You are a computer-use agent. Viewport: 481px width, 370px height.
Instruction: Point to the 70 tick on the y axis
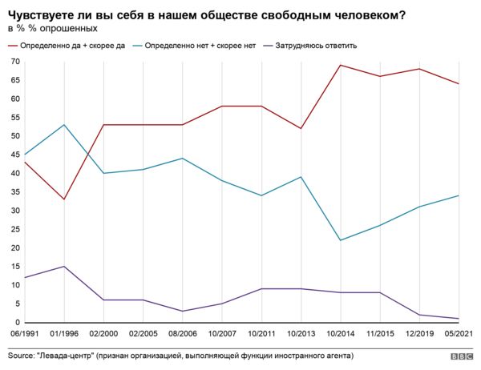(x=14, y=62)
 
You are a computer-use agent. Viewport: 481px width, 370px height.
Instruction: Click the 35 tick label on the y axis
(x=14, y=192)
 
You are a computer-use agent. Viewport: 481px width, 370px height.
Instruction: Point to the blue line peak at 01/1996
(x=64, y=125)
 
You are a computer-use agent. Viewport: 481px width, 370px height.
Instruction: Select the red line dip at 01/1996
(x=64, y=199)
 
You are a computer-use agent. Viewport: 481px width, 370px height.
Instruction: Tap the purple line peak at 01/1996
(x=64, y=267)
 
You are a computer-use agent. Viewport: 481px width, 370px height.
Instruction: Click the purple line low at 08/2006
(x=183, y=311)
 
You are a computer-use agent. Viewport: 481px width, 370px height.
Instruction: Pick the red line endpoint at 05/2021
(x=459, y=83)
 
